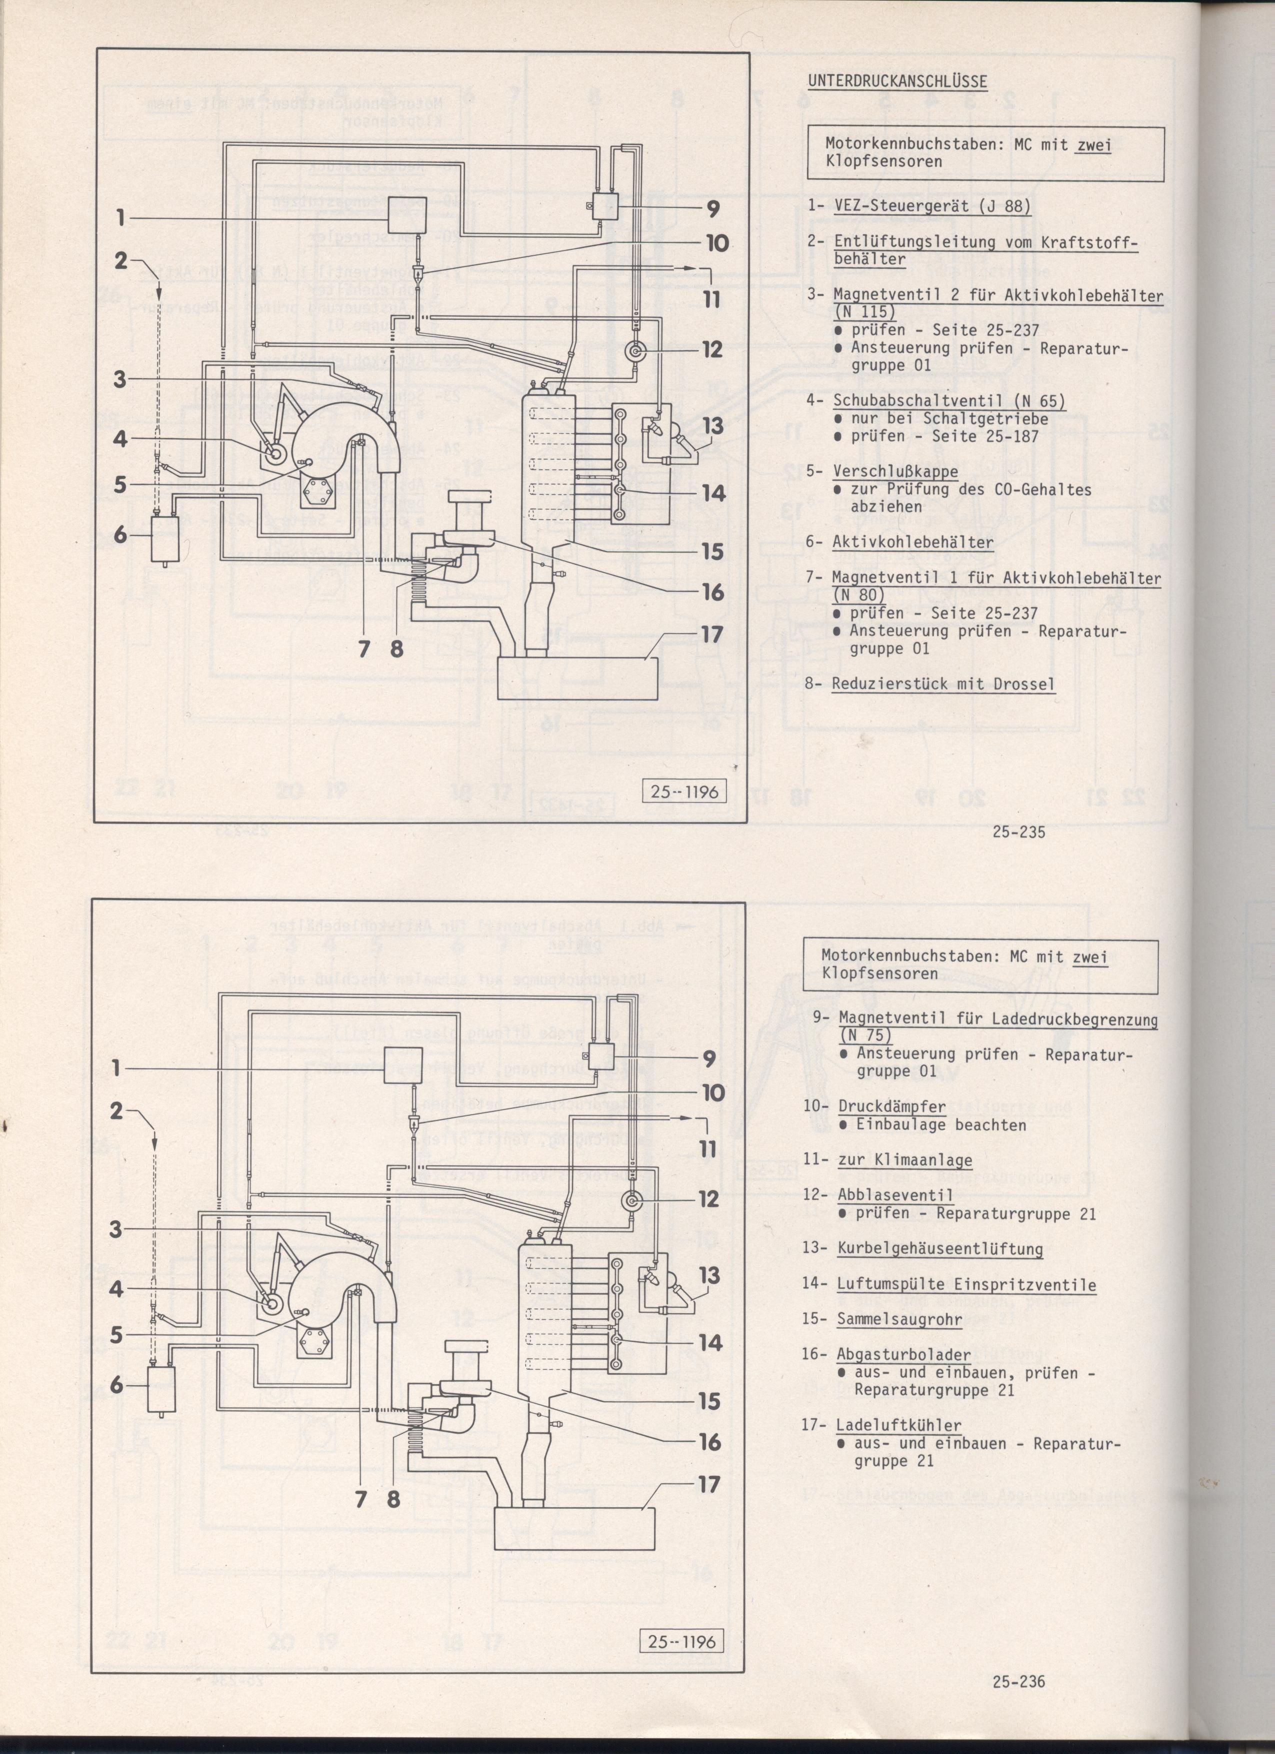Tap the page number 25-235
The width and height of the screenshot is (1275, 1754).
[1018, 832]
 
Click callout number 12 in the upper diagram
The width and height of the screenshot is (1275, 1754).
[712, 350]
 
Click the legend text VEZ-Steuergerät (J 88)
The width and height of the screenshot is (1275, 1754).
[931, 206]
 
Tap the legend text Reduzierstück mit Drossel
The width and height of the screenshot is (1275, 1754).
[942, 684]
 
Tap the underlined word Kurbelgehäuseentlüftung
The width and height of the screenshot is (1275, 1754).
[939, 1248]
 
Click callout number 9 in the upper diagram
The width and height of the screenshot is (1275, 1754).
[712, 209]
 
